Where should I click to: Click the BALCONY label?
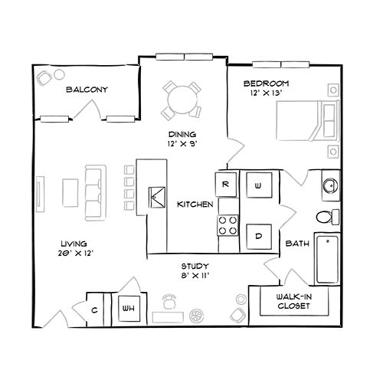87,90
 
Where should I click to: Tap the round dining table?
182,100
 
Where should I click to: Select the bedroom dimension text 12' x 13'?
266,93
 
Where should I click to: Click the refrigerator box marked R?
226,185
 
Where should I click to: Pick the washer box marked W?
259,185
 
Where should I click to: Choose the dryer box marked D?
259,237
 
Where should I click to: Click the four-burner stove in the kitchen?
228,225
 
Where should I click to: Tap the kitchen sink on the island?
157,197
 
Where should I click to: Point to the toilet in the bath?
328,217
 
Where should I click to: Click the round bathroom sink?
330,185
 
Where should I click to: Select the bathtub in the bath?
327,259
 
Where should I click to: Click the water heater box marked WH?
129,309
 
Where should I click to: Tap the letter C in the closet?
94,310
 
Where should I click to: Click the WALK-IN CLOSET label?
293,301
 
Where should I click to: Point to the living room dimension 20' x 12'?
76,254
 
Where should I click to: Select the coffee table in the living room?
70,193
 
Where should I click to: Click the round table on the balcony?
59,74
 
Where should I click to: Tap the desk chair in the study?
169,301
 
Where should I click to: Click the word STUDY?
195,267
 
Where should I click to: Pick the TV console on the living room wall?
40,194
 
